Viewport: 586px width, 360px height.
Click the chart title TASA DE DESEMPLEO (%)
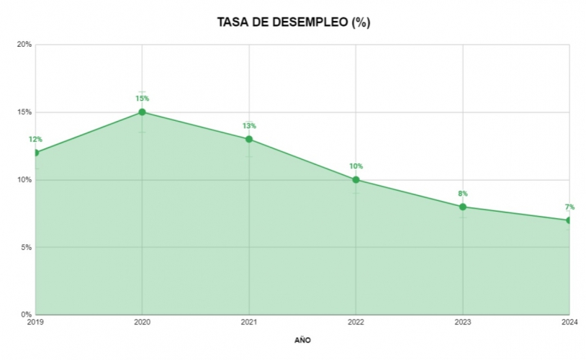point(293,22)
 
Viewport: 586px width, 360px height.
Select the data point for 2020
point(142,112)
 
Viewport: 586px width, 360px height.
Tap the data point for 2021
point(249,139)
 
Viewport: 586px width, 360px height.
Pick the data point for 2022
point(356,179)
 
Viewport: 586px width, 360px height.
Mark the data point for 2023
point(463,207)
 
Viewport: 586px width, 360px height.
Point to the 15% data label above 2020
point(142,99)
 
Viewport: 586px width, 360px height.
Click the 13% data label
point(249,126)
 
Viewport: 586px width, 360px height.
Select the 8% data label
point(463,194)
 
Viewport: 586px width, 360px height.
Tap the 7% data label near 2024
point(569,207)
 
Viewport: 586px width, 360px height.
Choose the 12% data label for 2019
point(35,140)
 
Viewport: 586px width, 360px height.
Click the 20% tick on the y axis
point(24,45)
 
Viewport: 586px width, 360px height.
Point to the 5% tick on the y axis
point(26,247)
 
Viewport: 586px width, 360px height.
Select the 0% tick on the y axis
point(26,315)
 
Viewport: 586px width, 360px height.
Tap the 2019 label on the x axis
point(35,323)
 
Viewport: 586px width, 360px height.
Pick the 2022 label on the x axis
point(356,323)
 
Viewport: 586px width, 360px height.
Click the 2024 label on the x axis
point(569,323)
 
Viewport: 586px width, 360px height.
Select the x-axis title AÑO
point(302,339)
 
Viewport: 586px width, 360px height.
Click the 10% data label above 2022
point(356,166)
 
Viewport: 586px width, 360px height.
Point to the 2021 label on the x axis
point(249,323)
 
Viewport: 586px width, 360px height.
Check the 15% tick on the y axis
point(24,112)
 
